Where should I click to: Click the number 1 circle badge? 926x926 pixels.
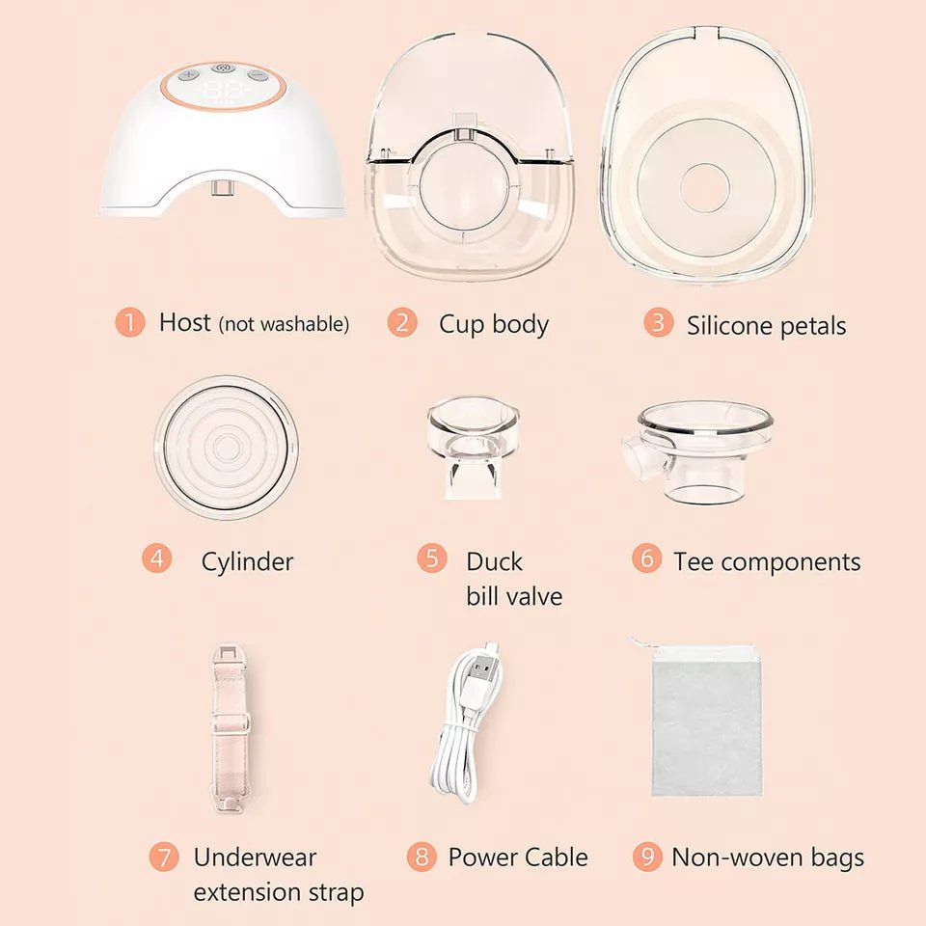(129, 322)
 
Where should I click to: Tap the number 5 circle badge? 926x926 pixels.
(432, 558)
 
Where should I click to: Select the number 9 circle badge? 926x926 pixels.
(647, 856)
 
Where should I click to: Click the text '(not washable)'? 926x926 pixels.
(284, 324)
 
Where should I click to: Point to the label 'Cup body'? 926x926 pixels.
(493, 324)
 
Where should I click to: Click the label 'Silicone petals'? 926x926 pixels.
(766, 326)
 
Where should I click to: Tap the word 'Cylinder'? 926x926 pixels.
(247, 561)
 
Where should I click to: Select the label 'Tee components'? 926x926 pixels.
(767, 561)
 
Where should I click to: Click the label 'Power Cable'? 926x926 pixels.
(517, 857)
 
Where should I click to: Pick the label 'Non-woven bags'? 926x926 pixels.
(767, 857)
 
